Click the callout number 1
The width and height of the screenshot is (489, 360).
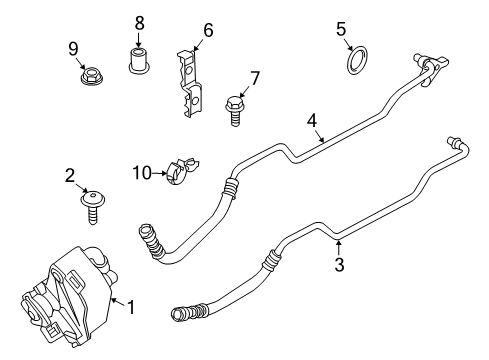(x=131, y=307)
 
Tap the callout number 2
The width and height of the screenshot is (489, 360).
(x=70, y=176)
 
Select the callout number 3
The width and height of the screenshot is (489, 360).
(x=339, y=265)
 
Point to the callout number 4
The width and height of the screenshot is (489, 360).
(x=312, y=121)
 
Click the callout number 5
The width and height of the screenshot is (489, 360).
(x=341, y=29)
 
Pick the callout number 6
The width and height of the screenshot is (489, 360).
(x=208, y=30)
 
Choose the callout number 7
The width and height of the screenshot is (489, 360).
(x=254, y=79)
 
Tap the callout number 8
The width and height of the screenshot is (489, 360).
(x=139, y=24)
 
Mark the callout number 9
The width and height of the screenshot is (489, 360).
(x=73, y=49)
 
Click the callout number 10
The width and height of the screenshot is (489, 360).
(x=142, y=173)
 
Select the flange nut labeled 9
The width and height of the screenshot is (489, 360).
(x=89, y=76)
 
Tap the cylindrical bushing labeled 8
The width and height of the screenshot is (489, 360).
(x=138, y=60)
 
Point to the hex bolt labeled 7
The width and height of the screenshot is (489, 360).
(x=235, y=111)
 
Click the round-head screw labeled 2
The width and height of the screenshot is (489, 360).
(x=93, y=207)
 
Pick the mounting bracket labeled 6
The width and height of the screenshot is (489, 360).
(x=190, y=83)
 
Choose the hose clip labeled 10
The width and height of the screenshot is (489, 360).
(x=180, y=171)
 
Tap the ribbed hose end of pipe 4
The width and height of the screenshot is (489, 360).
(x=151, y=242)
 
